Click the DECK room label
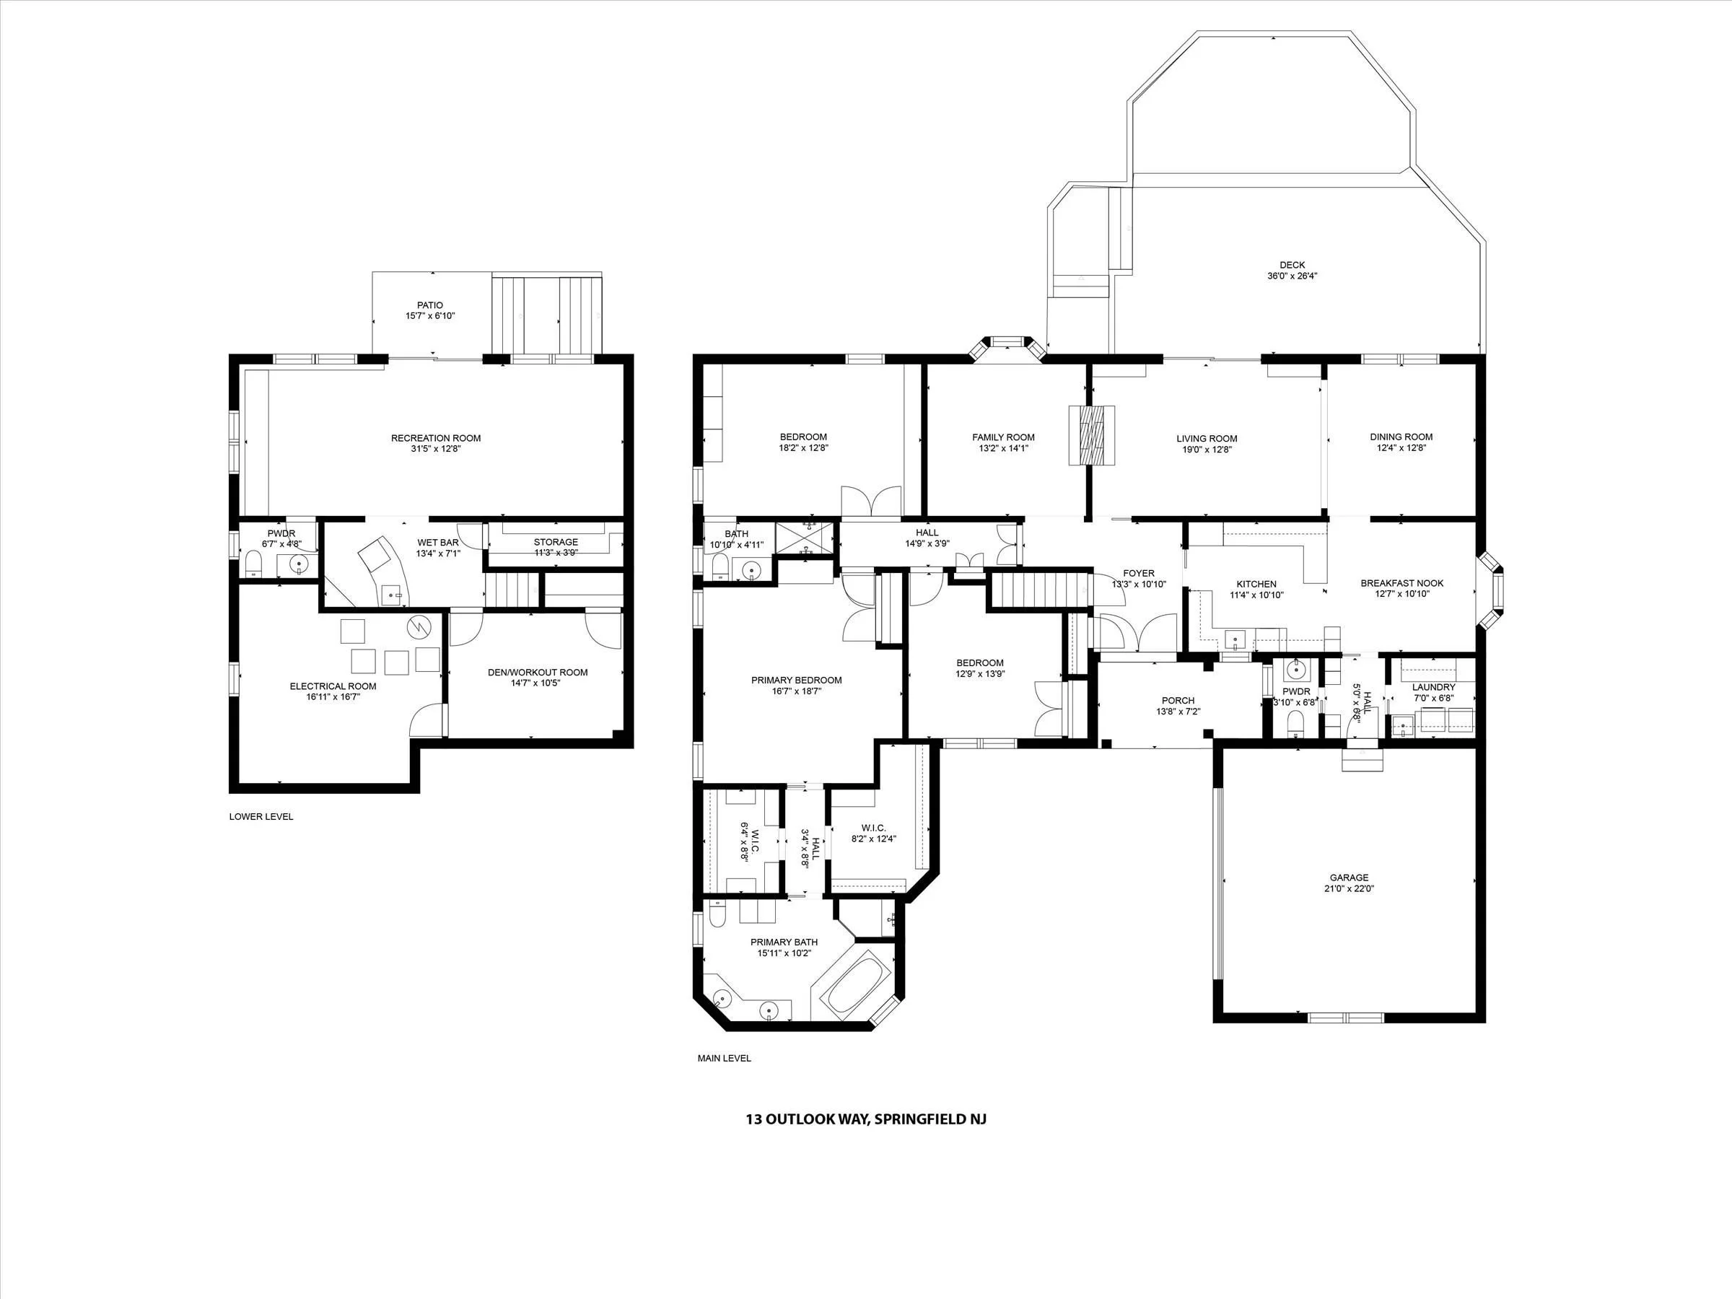[x=1292, y=265]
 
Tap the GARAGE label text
[x=1349, y=878]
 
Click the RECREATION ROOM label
[x=436, y=438]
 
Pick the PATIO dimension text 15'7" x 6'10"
[x=430, y=315]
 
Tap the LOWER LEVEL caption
[x=261, y=816]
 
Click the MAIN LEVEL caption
[x=725, y=1058]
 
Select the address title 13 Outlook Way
[x=866, y=1119]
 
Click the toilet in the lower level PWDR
[x=253, y=563]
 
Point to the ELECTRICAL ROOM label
[x=333, y=686]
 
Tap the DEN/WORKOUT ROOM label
[x=537, y=672]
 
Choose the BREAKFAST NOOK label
[x=1401, y=582]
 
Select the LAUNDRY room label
[x=1434, y=687]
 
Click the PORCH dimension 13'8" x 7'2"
[x=1178, y=712]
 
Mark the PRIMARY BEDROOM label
[x=796, y=680]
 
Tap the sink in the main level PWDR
[x=1296, y=670]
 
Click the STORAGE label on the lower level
[x=556, y=542]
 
